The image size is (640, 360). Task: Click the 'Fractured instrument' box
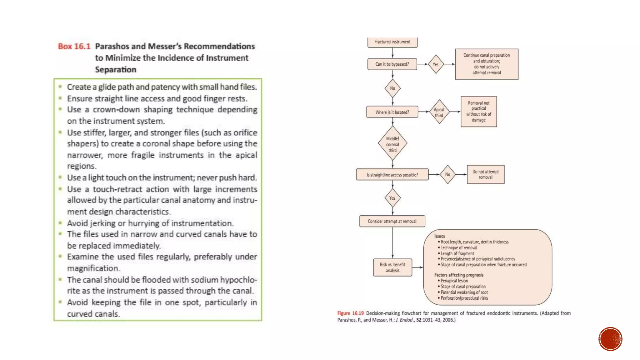[x=392, y=42]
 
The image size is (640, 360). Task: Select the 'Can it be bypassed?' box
[x=392, y=64]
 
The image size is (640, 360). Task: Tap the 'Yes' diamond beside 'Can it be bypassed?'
[x=436, y=64]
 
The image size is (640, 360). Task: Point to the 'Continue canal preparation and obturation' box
[x=487, y=64]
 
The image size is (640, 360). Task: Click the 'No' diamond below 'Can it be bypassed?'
[x=392, y=88]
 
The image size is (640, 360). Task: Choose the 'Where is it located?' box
[x=392, y=112]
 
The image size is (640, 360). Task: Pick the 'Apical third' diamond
[x=439, y=112]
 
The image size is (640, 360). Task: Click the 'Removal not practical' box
[x=478, y=112]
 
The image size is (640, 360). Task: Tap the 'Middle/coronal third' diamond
[x=392, y=144]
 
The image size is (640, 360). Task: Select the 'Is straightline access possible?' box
[x=392, y=175]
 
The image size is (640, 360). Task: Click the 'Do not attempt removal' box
[x=485, y=174]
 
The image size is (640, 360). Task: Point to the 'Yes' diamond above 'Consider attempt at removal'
[x=392, y=198]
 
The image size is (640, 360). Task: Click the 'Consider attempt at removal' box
[x=392, y=221]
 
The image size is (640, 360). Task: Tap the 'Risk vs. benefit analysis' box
[x=392, y=267]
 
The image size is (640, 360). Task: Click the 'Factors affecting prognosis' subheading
[x=459, y=275]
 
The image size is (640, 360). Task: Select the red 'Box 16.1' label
[x=74, y=47]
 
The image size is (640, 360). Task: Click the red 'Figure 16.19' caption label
[x=350, y=313]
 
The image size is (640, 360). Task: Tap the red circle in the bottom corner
[x=610, y=339]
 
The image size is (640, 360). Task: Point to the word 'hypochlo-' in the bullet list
[x=238, y=280]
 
